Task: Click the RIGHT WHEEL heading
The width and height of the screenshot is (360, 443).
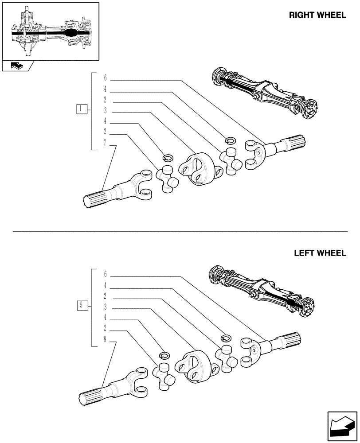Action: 317,15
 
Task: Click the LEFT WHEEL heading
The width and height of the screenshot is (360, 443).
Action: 320,253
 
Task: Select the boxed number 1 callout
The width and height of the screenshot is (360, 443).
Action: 81,109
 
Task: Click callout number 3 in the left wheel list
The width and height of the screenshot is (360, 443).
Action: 105,307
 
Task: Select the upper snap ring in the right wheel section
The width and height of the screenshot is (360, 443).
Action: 230,140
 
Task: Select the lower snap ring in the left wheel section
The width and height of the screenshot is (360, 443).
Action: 165,355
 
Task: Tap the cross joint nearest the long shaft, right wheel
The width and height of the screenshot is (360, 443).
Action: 167,178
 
